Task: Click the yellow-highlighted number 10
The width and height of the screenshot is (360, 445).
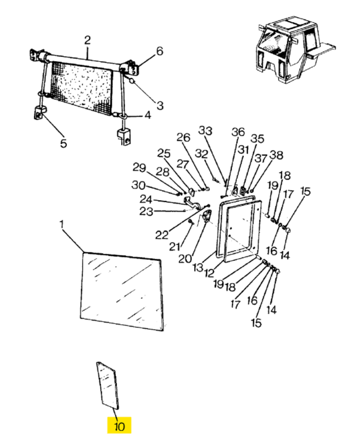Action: [119, 426]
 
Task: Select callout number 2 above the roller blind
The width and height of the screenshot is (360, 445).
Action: [87, 40]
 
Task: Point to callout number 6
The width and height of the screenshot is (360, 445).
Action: [160, 51]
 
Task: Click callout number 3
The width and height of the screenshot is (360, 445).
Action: [160, 106]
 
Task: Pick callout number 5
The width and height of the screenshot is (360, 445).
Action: [63, 144]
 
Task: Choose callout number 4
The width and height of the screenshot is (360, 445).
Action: [147, 116]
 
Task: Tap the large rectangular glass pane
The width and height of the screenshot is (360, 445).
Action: [122, 291]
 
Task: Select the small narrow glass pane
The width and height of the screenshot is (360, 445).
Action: [108, 385]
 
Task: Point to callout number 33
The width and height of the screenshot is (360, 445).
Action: [205, 131]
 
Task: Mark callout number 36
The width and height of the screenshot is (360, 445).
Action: [238, 132]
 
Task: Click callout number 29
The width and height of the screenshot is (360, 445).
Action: [140, 168]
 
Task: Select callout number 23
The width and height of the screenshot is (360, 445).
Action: [146, 211]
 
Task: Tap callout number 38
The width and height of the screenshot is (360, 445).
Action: [276, 155]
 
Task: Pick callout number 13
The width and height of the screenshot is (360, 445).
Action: [198, 268]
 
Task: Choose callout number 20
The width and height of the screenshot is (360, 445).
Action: [185, 259]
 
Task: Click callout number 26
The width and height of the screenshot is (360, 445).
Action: [184, 137]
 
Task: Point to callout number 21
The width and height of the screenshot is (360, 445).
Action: [175, 247]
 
